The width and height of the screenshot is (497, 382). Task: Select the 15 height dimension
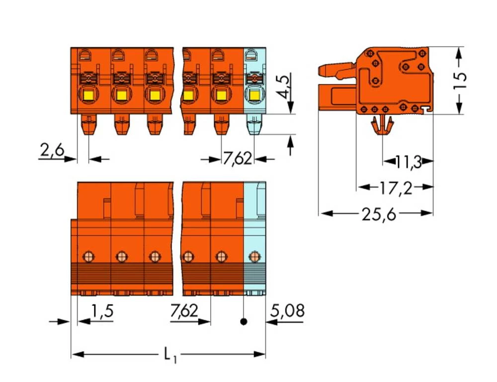[x=460, y=77]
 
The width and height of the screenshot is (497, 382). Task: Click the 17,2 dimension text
[x=396, y=188]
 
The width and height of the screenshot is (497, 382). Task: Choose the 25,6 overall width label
[x=379, y=215]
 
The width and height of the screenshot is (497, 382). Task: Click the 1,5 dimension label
[x=102, y=310]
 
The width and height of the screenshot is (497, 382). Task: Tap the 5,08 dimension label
[x=287, y=310]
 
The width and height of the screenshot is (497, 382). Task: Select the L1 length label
[x=170, y=355]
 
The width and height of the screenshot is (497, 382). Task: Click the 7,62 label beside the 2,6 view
[x=238, y=158]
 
